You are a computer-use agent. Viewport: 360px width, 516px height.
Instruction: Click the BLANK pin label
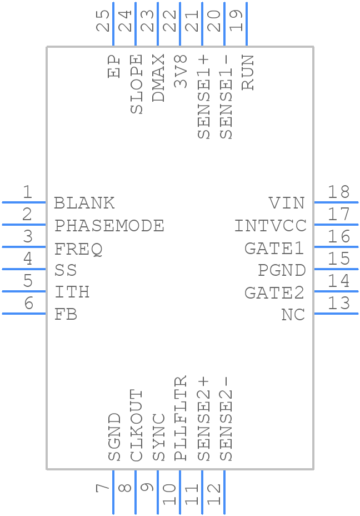click(x=84, y=203)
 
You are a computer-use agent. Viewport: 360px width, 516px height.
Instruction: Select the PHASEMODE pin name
click(x=109, y=226)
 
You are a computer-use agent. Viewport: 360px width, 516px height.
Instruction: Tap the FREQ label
click(x=78, y=249)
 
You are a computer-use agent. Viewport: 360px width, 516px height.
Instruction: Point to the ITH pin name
click(x=72, y=292)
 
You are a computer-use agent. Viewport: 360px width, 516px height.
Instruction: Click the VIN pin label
click(x=287, y=203)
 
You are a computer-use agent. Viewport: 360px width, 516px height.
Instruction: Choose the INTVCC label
click(x=270, y=226)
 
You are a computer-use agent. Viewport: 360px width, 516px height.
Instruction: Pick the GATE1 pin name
click(x=275, y=249)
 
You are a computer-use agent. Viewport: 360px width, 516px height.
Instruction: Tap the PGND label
click(x=282, y=271)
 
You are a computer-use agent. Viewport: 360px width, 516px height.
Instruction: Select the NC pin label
click(x=293, y=315)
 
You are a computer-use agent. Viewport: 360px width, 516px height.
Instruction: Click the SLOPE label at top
click(x=137, y=83)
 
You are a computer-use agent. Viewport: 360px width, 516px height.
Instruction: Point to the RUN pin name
click(x=248, y=72)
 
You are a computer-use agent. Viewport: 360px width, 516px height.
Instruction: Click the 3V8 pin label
click(x=181, y=71)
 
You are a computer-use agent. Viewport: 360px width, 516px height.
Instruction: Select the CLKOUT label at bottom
click(x=137, y=425)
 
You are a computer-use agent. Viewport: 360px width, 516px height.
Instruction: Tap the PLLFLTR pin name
click(x=181, y=419)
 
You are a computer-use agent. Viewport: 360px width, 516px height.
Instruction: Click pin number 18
click(x=338, y=192)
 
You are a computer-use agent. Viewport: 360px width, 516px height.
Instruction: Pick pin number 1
click(x=27, y=192)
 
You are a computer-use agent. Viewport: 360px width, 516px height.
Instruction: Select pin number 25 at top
click(x=103, y=21)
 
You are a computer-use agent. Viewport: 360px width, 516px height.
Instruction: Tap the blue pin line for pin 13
click(x=336, y=314)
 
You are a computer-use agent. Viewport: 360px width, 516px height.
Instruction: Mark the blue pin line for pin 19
click(x=246, y=24)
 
